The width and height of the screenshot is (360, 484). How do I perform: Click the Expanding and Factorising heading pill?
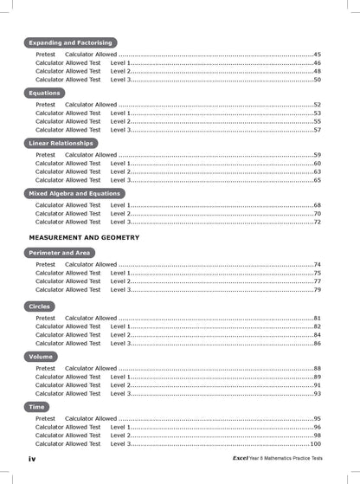[71, 42]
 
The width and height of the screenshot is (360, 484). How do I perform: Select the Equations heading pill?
[45, 93]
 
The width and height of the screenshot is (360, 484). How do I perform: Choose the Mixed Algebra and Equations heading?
[74, 193]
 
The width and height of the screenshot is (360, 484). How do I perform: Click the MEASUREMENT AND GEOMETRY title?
[84, 236]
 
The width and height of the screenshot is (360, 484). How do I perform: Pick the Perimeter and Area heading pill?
[60, 253]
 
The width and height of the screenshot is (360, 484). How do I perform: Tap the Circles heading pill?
[40, 307]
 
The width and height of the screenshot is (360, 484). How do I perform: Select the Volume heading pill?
[41, 356]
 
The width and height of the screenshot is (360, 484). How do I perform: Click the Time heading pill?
[37, 406]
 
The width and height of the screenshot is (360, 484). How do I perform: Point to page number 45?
[317, 55]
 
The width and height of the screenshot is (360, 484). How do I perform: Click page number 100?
[315, 443]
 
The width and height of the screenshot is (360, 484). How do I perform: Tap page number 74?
[317, 265]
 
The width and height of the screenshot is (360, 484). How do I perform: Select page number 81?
[317, 319]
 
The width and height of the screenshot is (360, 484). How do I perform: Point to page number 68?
[317, 205]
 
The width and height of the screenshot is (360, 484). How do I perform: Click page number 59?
[317, 155]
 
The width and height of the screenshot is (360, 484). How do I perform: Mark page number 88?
[317, 368]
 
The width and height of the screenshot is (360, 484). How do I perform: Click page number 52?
[317, 105]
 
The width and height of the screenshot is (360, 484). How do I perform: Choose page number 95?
[317, 418]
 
